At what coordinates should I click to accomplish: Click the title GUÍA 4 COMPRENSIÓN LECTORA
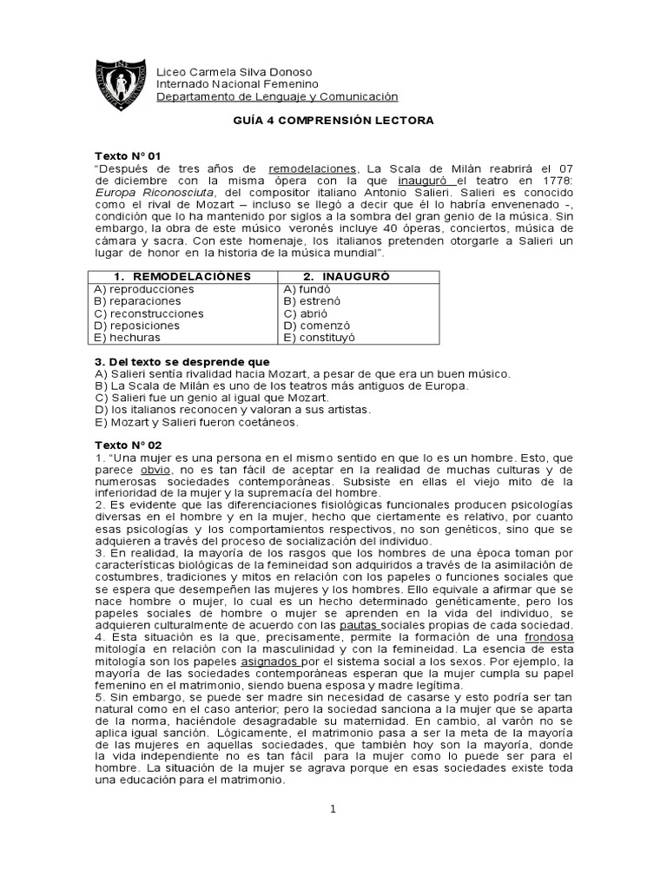(x=333, y=121)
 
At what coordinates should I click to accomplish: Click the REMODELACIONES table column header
(x=184, y=276)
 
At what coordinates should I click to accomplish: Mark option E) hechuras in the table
(x=127, y=337)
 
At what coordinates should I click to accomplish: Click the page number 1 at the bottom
(x=333, y=809)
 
